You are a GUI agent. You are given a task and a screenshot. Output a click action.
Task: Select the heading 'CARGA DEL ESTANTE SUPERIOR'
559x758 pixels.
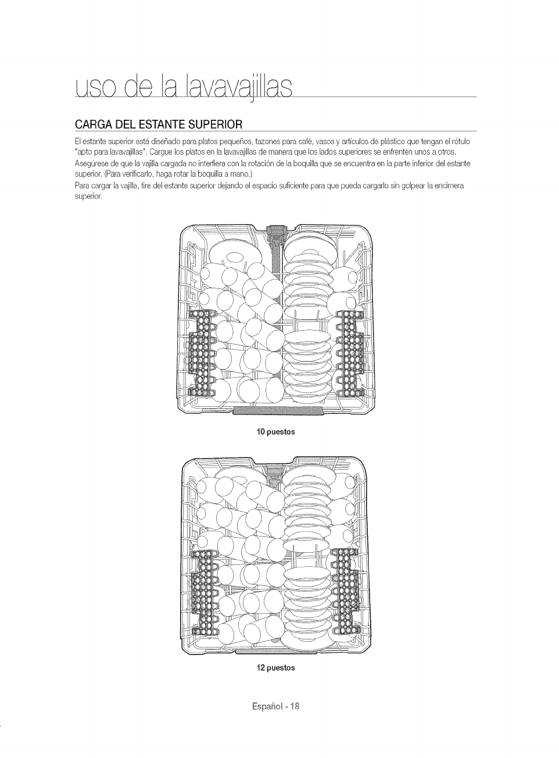click(x=158, y=124)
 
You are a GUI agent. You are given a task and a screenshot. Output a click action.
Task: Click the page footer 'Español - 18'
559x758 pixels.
click(x=276, y=707)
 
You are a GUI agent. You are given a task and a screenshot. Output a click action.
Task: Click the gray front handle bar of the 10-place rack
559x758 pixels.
click(x=277, y=411)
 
